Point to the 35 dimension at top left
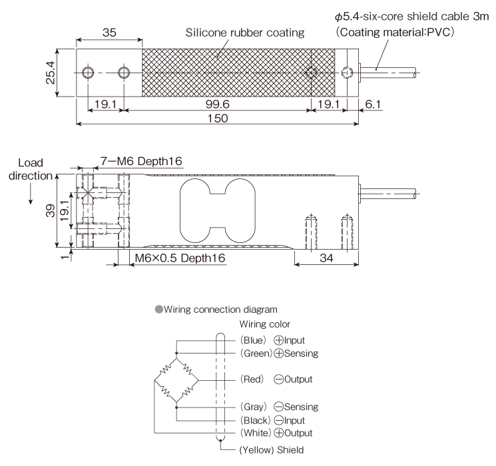click(109, 34)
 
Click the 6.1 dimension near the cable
click(373, 104)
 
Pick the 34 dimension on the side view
click(326, 258)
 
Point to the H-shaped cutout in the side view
click(217, 211)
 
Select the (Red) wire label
click(254, 379)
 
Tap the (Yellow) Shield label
click(272, 448)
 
